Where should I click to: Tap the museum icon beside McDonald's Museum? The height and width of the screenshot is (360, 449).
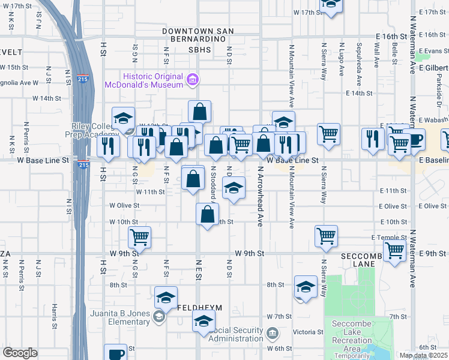point(193,79)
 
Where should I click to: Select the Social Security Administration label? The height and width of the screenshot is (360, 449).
point(239,335)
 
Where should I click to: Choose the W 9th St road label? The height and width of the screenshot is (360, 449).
point(250,253)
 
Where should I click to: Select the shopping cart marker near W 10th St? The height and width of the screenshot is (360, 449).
point(140,236)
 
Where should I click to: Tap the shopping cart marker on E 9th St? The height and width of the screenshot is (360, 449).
point(394,250)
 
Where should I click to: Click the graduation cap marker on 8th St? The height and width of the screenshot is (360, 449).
point(306,288)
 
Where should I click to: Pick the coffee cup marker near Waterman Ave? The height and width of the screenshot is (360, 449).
point(414,140)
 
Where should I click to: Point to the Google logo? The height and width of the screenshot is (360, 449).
point(20,353)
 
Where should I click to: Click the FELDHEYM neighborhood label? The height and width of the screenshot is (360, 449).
point(200,308)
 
